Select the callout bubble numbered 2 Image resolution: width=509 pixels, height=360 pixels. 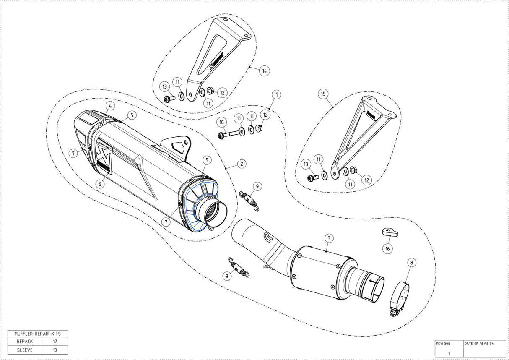pyautogui.click(x=241, y=164)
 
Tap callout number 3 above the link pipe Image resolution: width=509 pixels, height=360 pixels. pyautogui.click(x=329, y=238)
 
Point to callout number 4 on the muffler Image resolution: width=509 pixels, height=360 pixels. pyautogui.click(x=110, y=105)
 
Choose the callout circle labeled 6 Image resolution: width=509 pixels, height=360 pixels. pyautogui.click(x=100, y=184)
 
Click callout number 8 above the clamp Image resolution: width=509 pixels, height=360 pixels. pyautogui.click(x=411, y=263)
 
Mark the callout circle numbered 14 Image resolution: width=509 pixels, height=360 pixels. pyautogui.click(x=264, y=71)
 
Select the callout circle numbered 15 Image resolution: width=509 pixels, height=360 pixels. pyautogui.click(x=323, y=94)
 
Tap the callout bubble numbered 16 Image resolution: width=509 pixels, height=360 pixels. pyautogui.click(x=388, y=249)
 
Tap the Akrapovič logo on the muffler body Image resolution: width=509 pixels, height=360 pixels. pyautogui.click(x=104, y=157)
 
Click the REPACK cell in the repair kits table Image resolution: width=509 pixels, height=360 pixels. pyautogui.click(x=25, y=342)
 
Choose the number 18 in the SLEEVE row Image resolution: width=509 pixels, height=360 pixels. pyautogui.click(x=55, y=350)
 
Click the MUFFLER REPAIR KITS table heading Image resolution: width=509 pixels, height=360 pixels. pyautogui.click(x=38, y=334)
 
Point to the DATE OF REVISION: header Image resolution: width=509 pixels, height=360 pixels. pyautogui.click(x=479, y=344)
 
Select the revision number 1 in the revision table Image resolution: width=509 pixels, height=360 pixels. pyautogui.click(x=449, y=353)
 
